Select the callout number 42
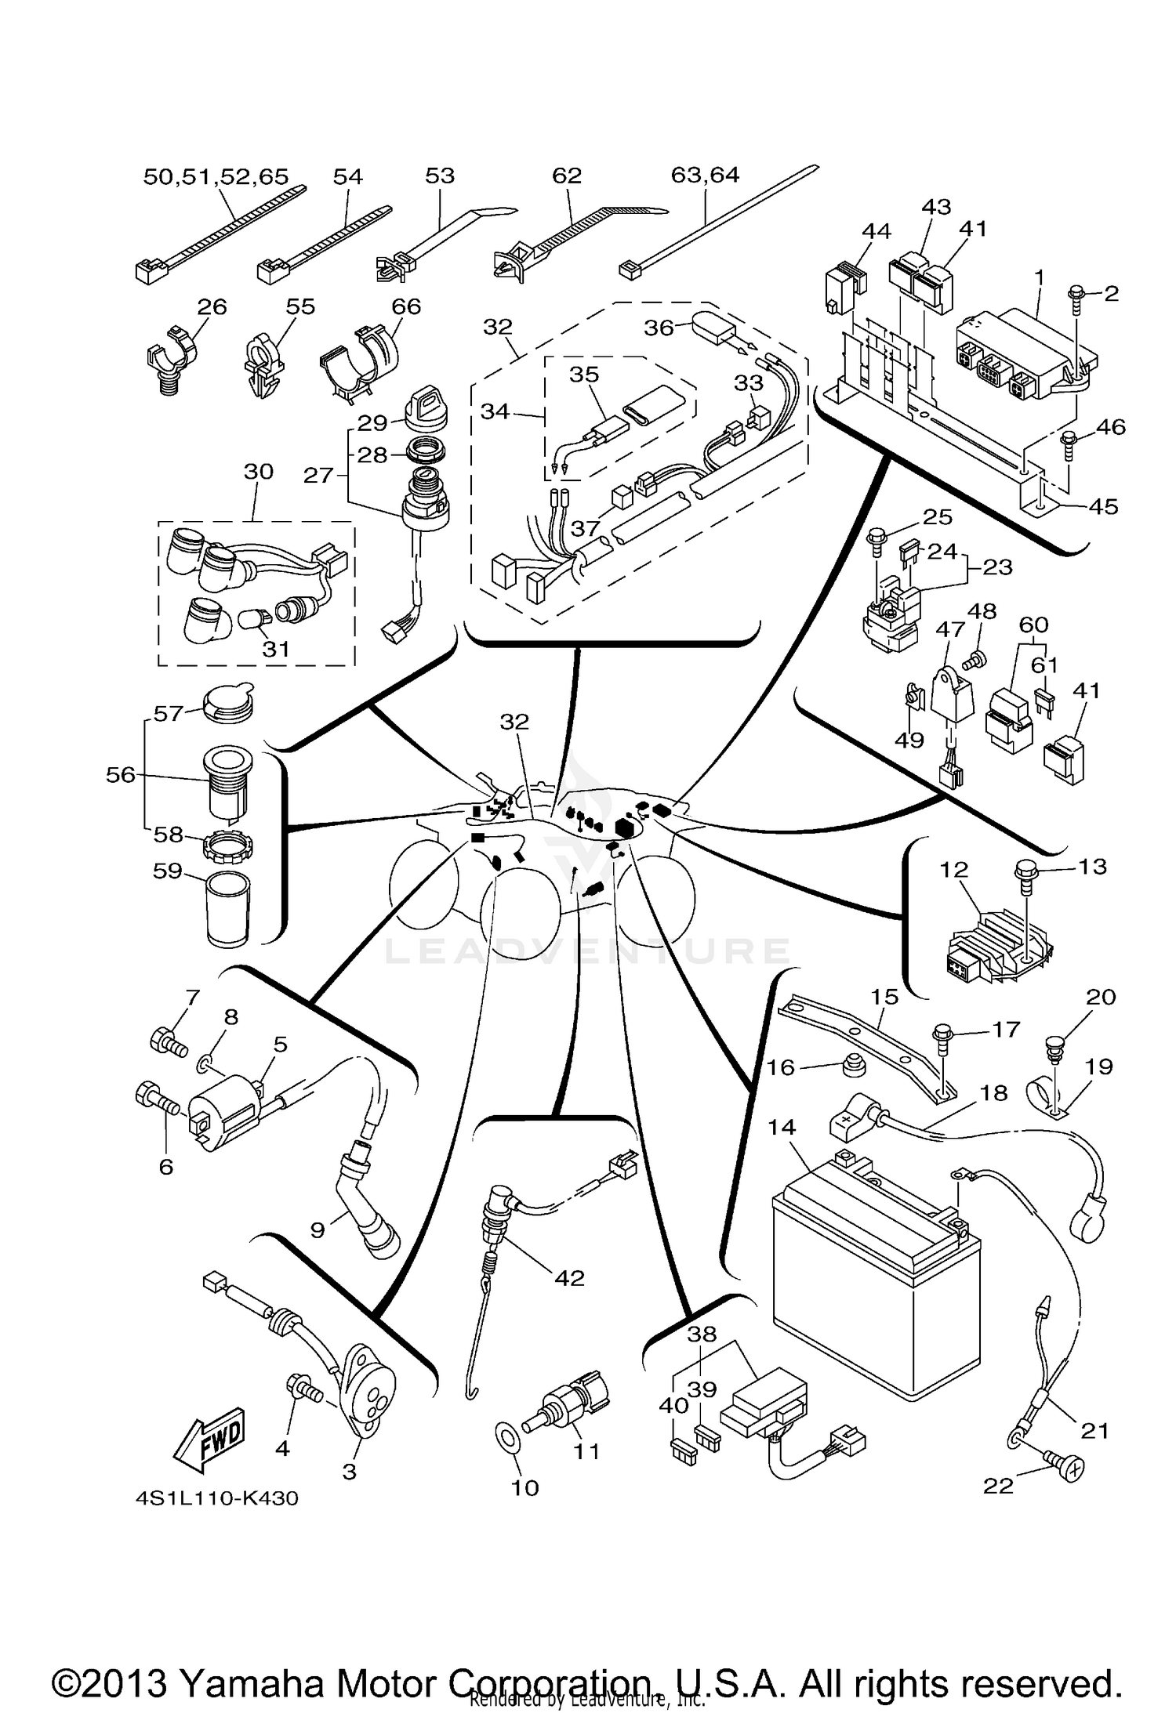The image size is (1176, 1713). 569,1277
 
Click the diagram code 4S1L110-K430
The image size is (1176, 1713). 216,1498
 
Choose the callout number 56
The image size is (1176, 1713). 121,774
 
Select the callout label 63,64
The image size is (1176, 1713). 705,175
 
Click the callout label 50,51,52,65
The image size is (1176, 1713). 216,176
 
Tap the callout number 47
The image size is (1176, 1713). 949,628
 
